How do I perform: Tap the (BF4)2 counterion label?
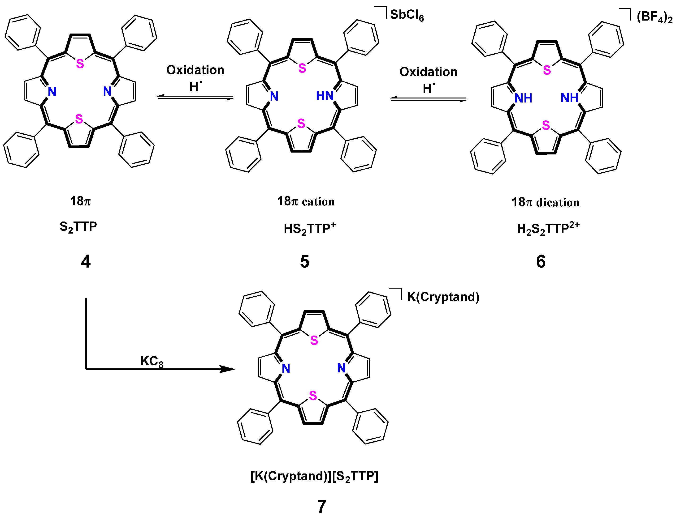click(x=654, y=17)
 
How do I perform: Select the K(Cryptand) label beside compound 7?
click(x=443, y=297)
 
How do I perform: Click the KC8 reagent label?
click(x=152, y=361)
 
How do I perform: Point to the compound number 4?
click(x=86, y=262)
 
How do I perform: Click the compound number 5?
click(x=305, y=262)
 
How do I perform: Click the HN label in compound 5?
click(x=324, y=96)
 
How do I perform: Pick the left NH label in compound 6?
click(x=523, y=98)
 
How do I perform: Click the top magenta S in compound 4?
click(x=80, y=64)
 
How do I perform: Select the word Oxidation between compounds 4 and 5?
click(x=195, y=70)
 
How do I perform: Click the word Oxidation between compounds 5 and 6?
click(x=428, y=72)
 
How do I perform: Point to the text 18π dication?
click(x=545, y=202)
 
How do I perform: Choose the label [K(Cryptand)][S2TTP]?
click(x=314, y=476)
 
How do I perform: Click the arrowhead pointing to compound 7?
click(x=227, y=369)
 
